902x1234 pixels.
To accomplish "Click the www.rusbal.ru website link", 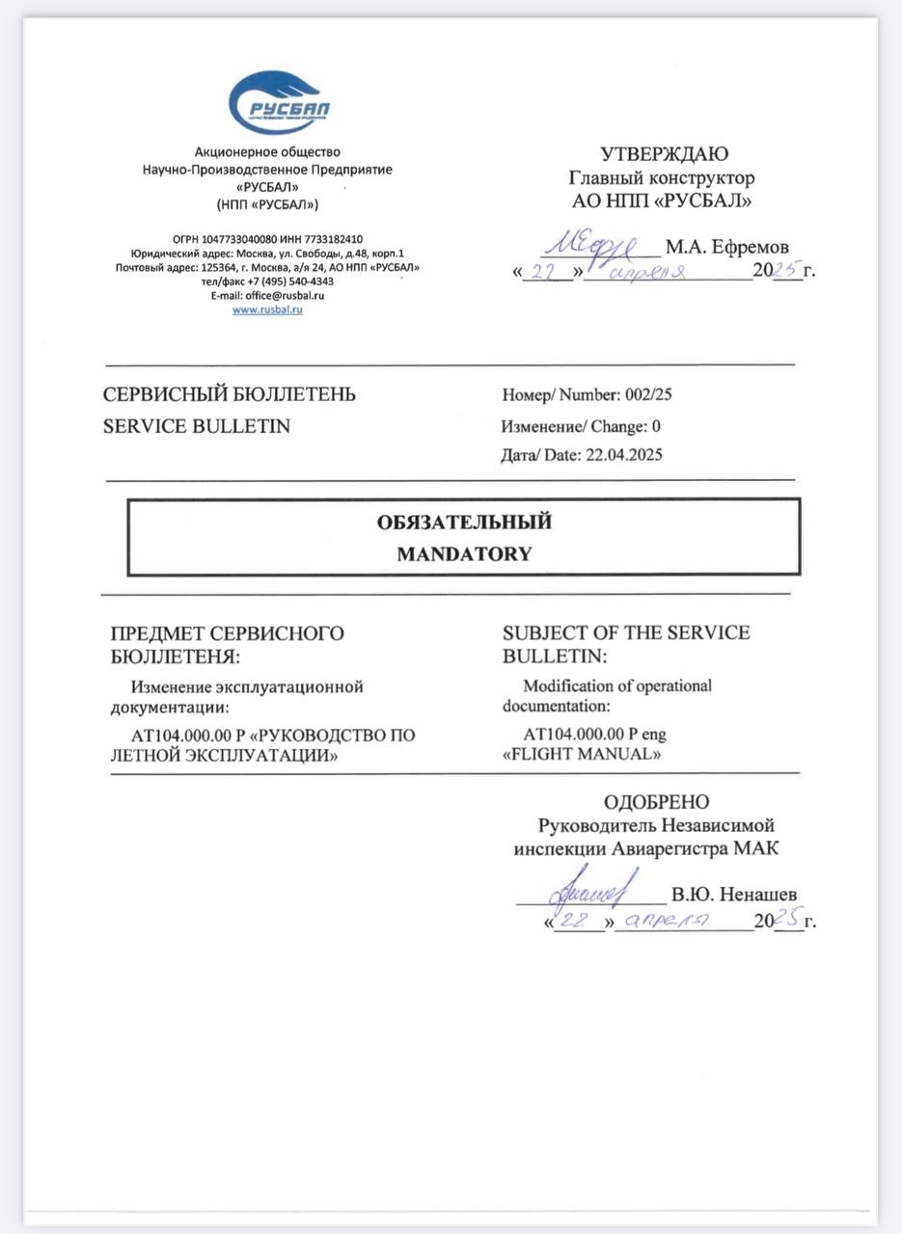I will coord(267,310).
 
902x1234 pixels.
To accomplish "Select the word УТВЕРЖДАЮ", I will coord(665,154).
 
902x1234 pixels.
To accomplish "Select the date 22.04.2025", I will coord(623,455).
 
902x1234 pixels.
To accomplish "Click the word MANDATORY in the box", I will coord(464,553).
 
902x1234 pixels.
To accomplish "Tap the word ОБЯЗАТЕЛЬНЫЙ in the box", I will coord(464,522).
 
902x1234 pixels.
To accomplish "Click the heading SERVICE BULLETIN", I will coord(197,425).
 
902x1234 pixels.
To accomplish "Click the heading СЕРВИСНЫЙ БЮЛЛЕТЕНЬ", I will coord(230,394).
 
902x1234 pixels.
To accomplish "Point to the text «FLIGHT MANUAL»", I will coord(582,754).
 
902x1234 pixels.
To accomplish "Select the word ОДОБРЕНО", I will coord(656,802).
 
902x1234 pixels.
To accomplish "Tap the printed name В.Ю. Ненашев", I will coord(734,895).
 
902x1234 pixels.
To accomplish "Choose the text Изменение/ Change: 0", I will coord(581,426).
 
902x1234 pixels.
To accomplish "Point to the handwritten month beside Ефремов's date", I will coord(648,273).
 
